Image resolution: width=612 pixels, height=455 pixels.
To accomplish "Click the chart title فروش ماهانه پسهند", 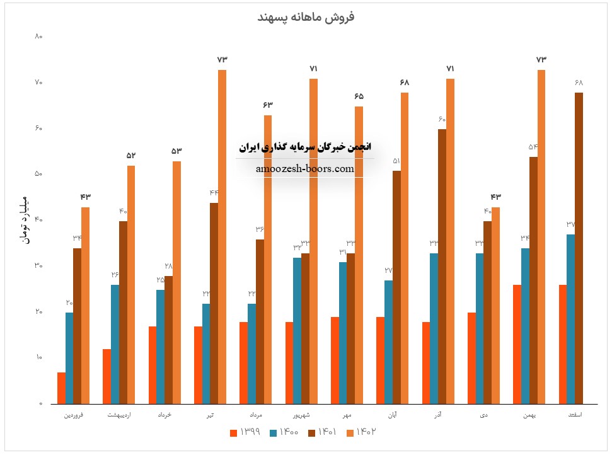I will pyautogui.click(x=306, y=17).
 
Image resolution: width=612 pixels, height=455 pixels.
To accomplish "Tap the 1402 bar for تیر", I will pyautogui.click(x=222, y=236).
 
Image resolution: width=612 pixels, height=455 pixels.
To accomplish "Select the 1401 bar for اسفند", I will pyautogui.click(x=579, y=248).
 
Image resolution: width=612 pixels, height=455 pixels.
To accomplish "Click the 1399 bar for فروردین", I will pyautogui.click(x=61, y=388).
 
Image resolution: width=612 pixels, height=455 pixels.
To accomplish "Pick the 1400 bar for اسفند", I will pyautogui.click(x=570, y=319).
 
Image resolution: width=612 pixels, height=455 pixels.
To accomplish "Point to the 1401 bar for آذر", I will pyautogui.click(x=442, y=266).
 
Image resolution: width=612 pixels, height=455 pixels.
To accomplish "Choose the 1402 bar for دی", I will pyautogui.click(x=495, y=305).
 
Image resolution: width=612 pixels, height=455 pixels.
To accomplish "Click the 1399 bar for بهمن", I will pyautogui.click(x=517, y=344).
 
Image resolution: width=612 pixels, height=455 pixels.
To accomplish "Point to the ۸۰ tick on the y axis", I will pyautogui.click(x=38, y=37).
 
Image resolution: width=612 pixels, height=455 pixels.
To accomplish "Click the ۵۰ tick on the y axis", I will pyautogui.click(x=38, y=174).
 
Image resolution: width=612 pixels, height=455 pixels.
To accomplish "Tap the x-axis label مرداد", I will pyautogui.click(x=255, y=415).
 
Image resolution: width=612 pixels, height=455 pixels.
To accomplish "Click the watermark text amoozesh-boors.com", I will pyautogui.click(x=305, y=169).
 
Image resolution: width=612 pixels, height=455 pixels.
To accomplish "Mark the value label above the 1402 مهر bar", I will pyautogui.click(x=359, y=96).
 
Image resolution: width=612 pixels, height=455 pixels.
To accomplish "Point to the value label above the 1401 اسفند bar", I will pyautogui.click(x=579, y=83).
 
